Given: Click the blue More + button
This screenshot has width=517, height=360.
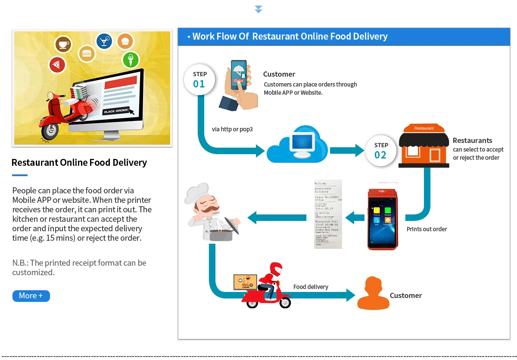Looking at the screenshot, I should click(x=31, y=296).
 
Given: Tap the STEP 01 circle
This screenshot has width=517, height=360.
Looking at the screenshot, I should click(x=199, y=79).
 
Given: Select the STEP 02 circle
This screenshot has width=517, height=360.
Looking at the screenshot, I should click(x=381, y=150).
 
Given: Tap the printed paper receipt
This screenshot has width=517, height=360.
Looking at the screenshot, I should click(x=328, y=214).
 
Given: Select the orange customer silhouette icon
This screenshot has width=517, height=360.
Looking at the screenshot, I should click(x=374, y=294).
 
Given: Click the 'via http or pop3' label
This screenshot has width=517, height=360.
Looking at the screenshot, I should click(x=232, y=129).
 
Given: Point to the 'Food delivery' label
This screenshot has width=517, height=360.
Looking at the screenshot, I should click(x=311, y=287).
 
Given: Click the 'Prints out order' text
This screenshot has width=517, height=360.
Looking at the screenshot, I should click(x=427, y=229).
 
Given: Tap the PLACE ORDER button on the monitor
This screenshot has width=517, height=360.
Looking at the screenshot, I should click(x=116, y=111).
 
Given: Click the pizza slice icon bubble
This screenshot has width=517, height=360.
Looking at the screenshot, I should click(x=56, y=65).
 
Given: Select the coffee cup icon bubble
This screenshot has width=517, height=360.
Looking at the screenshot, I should click(x=63, y=43).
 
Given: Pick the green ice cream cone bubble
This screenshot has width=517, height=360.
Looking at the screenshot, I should click(x=131, y=59).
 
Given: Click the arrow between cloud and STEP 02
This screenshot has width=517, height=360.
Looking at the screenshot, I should click(x=347, y=151).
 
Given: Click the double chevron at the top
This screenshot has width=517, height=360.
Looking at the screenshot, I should click(x=258, y=9).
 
